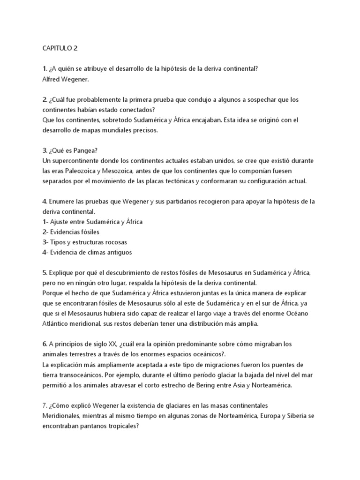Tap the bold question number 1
click(x=44, y=69)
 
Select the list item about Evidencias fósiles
click(x=71, y=232)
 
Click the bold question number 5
click(x=44, y=273)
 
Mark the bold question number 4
click(x=44, y=202)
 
